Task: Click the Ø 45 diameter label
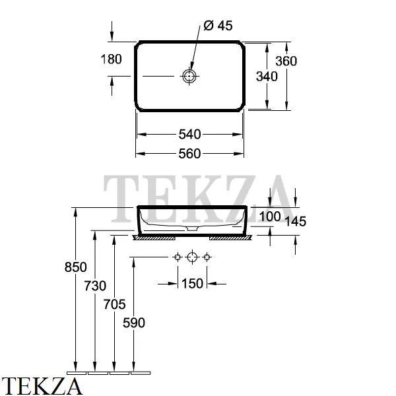coord(218,26)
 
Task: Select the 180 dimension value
coord(111,59)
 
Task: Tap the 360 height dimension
coord(286,61)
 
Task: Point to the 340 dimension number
coord(267,77)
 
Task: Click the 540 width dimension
coord(189,135)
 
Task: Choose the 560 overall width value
coord(189,154)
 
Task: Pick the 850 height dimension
coord(75,267)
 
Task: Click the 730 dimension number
coord(95,286)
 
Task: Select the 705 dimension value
coord(114,304)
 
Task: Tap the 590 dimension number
coord(134,323)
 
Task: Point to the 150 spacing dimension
coord(192,284)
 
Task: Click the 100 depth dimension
coord(270,216)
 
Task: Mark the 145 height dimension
coord(295,221)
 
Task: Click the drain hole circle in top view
coord(189,76)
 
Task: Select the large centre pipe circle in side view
coord(192,257)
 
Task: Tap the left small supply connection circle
coord(178,257)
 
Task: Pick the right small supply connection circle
coord(207,257)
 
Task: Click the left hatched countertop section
coord(154,238)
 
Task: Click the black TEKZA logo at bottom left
coord(42,386)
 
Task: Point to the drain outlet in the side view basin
coord(193,228)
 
